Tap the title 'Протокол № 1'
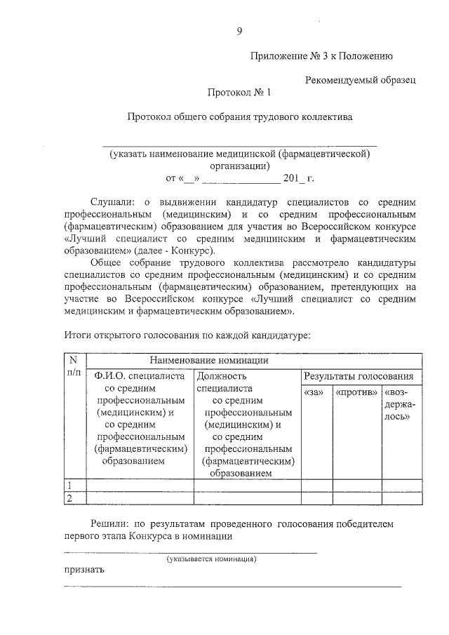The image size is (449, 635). point(239,92)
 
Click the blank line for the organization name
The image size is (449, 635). point(239,144)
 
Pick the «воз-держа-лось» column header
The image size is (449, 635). point(401,403)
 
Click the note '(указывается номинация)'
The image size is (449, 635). point(211,559)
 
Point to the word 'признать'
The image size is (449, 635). point(84,569)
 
